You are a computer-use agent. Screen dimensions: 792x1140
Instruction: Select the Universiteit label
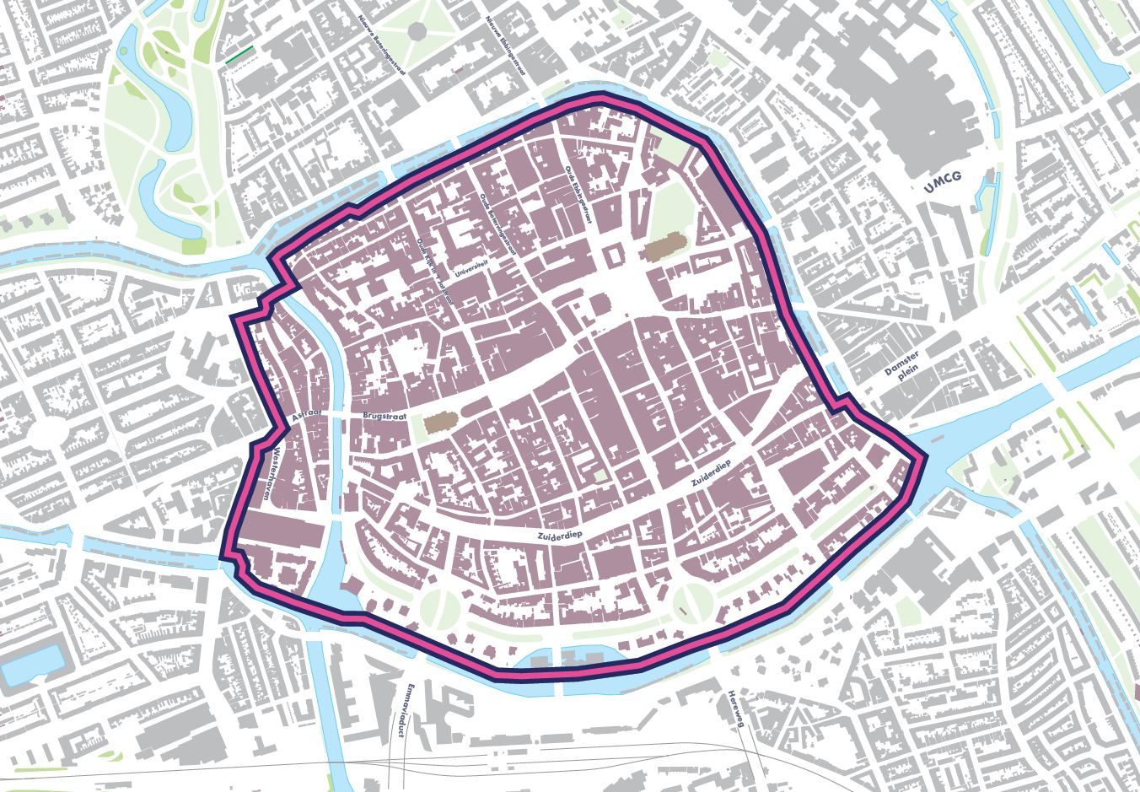[x=472, y=267]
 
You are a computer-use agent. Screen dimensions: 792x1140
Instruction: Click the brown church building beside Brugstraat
[x=437, y=423]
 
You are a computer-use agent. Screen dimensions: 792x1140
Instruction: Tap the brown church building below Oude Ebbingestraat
[x=659, y=250]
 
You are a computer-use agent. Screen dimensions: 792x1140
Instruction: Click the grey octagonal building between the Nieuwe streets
[x=417, y=32]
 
